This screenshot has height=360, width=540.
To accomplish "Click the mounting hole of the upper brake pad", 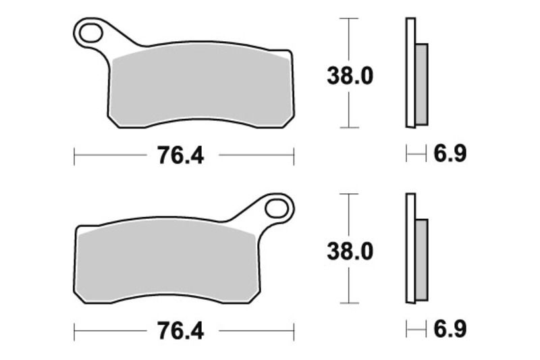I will click(90, 32).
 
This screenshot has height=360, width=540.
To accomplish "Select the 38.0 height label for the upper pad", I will click(350, 76).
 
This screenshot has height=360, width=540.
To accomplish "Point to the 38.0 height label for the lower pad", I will click(350, 252).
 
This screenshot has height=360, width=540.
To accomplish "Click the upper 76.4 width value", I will click(180, 156).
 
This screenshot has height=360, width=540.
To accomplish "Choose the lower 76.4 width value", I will click(180, 331).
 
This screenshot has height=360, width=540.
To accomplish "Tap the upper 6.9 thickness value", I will click(449, 155).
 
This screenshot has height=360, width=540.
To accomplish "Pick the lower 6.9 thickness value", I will click(449, 330).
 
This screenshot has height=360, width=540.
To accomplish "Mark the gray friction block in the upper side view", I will click(421, 84).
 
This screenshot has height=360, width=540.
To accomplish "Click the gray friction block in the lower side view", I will click(421, 260).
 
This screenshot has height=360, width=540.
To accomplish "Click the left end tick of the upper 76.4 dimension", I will click(74, 157).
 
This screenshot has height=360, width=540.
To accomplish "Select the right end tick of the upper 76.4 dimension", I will click(294, 157).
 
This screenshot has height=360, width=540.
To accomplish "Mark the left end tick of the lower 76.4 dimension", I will click(74, 332).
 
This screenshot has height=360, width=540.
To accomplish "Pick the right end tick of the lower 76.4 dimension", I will click(294, 332).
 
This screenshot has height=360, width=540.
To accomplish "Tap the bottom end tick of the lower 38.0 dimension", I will click(348, 303).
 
